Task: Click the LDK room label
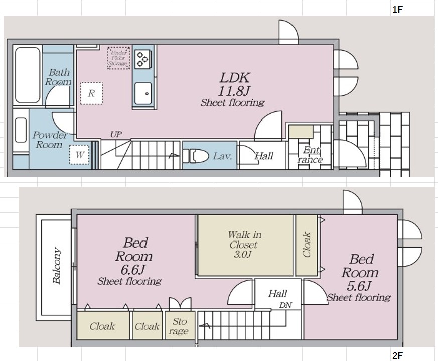[235, 77]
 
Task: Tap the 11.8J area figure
[234, 91]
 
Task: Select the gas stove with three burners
[142, 59]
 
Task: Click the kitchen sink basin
[143, 93]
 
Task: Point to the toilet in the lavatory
[196, 156]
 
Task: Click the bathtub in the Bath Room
[28, 75]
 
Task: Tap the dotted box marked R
[91, 93]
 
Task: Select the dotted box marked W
[80, 154]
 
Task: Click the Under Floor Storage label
[119, 58]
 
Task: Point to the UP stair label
[116, 134]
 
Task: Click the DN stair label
[286, 305]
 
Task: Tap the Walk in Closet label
[244, 244]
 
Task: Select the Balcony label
[57, 266]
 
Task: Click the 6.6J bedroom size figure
[133, 270]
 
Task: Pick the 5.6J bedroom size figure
[359, 286]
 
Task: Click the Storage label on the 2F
[179, 326]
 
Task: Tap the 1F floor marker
[397, 10]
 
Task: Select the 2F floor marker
[397, 355]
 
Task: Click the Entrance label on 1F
[310, 155]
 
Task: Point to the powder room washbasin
[21, 130]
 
